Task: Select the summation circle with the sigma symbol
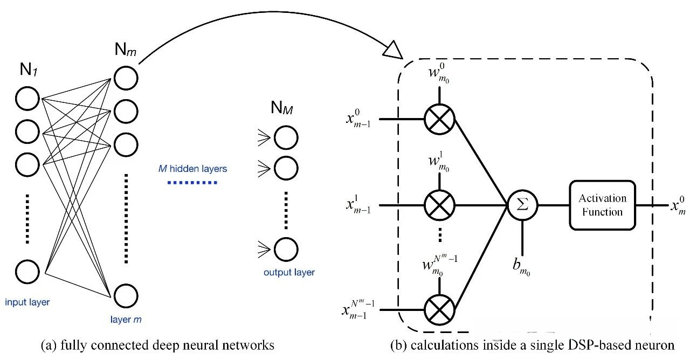(522, 205)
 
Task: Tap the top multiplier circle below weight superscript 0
(439, 117)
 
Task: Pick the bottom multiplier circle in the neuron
(439, 310)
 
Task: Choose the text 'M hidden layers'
(192, 169)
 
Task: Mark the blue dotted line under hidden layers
(192, 183)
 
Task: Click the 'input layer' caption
(27, 302)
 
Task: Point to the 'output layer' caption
(289, 272)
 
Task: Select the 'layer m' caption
(126, 320)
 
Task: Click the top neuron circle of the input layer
(27, 99)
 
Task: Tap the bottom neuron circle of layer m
(126, 296)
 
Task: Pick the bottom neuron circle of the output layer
(286, 249)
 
